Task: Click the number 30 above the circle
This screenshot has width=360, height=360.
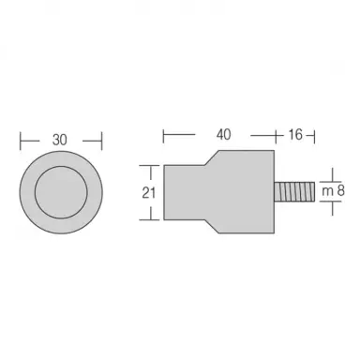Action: [60, 140]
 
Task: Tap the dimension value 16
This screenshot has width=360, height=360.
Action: [292, 135]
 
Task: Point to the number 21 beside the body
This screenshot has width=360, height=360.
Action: [148, 193]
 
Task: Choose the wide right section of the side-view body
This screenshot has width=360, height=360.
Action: [248, 193]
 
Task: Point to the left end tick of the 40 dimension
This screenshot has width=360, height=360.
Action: [165, 135]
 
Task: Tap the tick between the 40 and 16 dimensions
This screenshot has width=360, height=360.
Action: [274, 135]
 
